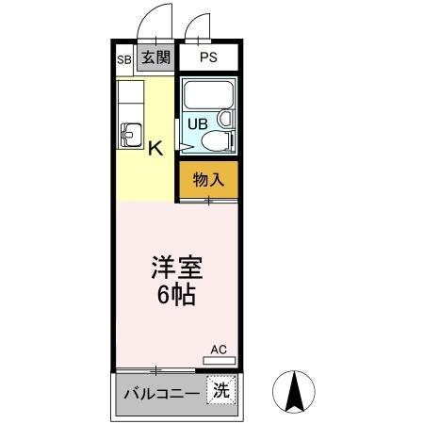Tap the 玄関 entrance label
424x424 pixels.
[155, 57]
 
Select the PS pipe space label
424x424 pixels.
[208, 57]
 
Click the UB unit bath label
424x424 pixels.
[197, 122]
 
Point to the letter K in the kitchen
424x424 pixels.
[155, 147]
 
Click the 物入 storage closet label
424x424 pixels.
[207, 180]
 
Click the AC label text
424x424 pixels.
[219, 350]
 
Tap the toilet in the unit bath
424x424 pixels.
[217, 142]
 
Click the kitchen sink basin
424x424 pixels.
[129, 136]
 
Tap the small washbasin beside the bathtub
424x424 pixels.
[225, 119]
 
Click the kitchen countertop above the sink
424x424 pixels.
[129, 99]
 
